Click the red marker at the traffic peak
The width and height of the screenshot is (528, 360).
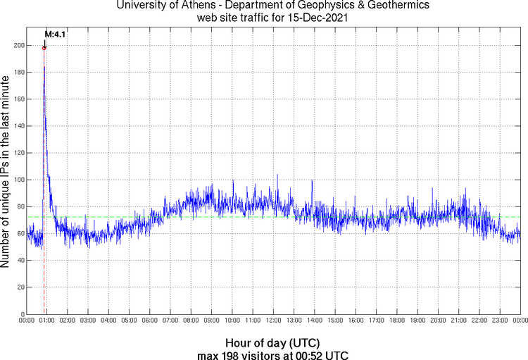pyautogui.click(x=44, y=48)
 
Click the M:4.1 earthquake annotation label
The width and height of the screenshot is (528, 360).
pyautogui.click(x=55, y=33)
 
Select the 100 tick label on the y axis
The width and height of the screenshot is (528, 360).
pyautogui.click(x=17, y=180)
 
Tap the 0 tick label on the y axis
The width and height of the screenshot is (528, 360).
pyautogui.click(x=20, y=314)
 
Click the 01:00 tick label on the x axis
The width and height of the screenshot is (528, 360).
pyautogui.click(x=47, y=321)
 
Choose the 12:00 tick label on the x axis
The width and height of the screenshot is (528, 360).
pyautogui.click(x=273, y=321)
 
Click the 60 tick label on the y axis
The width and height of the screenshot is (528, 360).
pyautogui.click(x=19, y=233)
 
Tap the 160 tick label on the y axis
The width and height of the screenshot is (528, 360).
pyautogui.click(x=17, y=99)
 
